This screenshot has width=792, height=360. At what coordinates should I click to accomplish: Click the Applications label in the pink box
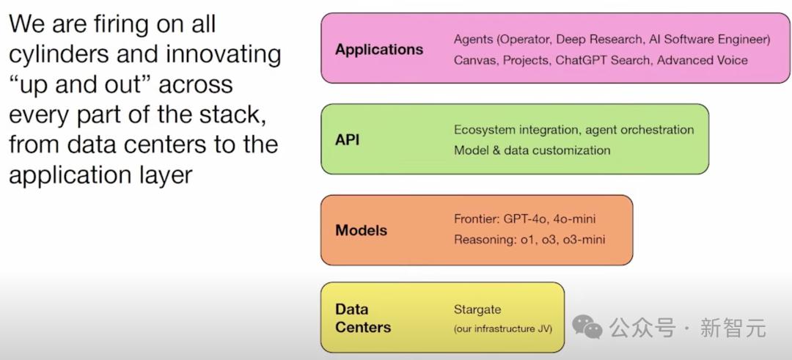point(379,50)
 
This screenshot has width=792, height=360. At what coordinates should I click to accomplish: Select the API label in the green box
point(348,139)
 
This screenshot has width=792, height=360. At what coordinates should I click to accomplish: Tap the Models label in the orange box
point(361,230)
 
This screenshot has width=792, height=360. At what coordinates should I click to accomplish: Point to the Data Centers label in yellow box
point(362,318)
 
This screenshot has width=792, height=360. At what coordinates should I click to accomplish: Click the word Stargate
point(477,309)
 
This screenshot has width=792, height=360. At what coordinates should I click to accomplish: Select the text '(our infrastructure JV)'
point(502,328)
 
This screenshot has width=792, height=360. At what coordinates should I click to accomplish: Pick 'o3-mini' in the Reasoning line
point(584,240)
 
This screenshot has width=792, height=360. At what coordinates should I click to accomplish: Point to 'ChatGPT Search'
point(602,60)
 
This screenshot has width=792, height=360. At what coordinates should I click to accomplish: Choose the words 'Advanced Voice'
point(702,60)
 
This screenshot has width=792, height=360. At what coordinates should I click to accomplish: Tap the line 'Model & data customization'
point(532,150)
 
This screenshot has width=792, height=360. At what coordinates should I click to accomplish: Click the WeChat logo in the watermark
point(587,328)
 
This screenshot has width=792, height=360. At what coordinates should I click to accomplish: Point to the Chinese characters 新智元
point(733,328)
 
